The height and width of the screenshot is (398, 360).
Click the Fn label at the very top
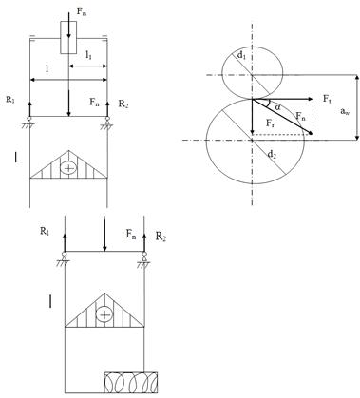coord(81,12)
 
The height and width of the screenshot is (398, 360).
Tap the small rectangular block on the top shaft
coord(68,37)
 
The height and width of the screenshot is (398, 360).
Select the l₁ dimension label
coord(88,56)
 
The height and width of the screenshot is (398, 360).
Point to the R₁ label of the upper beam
coord(10,100)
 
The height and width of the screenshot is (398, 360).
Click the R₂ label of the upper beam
coord(123,104)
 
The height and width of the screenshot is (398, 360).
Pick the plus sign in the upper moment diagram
coord(68,168)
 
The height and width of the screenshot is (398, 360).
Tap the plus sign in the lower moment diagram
coord(104,314)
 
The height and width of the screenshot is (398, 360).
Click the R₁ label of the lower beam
coord(45,232)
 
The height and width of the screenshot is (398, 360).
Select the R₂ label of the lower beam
coord(161,237)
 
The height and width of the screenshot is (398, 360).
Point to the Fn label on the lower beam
coord(131,235)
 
